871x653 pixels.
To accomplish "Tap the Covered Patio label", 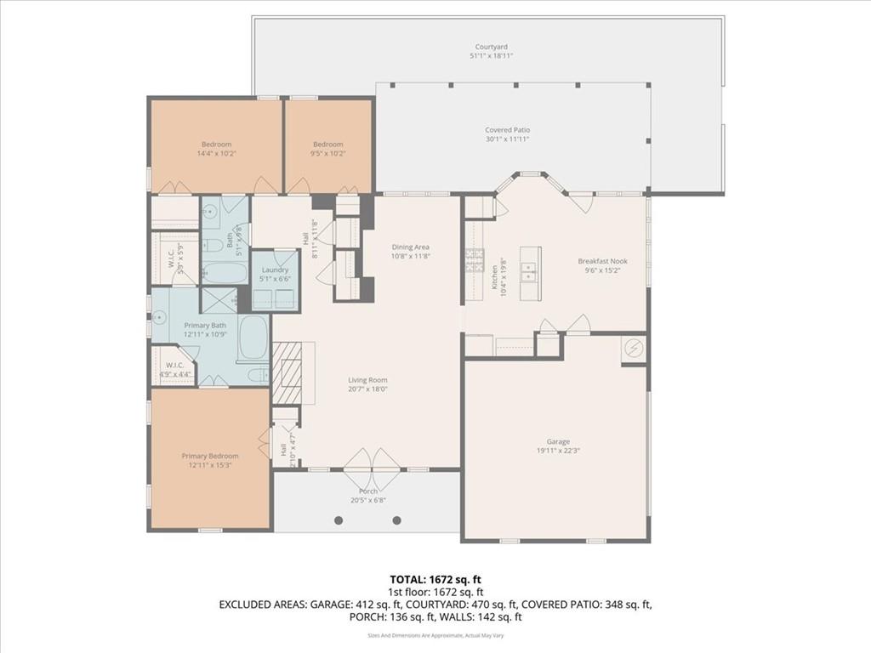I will [x=508, y=130].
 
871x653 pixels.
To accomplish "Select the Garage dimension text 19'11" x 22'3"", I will [x=557, y=451].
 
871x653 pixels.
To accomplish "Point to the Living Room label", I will [x=367, y=380].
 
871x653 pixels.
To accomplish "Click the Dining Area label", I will [x=410, y=247].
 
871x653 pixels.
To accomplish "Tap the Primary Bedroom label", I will [x=210, y=456].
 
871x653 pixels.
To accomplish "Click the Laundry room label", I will [x=275, y=270].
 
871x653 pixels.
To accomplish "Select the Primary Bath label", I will [x=205, y=325].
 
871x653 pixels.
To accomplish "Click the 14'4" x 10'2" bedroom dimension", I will [x=216, y=154].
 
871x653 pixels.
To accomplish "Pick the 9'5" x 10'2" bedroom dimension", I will [x=327, y=154].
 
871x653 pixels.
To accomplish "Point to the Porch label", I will [x=368, y=491].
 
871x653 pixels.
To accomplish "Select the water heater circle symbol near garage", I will [x=634, y=348].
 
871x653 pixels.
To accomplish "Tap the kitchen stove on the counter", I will [x=474, y=259].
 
